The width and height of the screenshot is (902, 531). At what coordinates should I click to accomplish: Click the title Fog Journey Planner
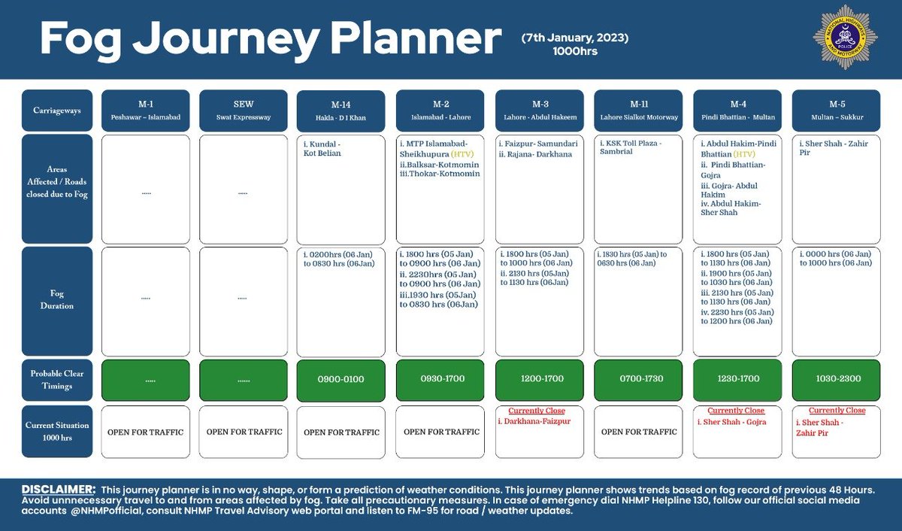click(x=270, y=38)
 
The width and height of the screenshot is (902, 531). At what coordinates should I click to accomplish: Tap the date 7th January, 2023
click(x=576, y=37)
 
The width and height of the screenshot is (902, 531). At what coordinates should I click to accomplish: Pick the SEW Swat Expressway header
click(x=244, y=110)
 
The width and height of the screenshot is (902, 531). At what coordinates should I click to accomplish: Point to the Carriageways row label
click(x=57, y=110)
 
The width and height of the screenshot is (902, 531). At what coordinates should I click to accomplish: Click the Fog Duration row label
click(x=57, y=301)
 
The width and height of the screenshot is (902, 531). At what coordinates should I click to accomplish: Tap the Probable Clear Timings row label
click(x=57, y=379)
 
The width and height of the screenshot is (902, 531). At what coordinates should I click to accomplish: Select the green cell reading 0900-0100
click(x=342, y=379)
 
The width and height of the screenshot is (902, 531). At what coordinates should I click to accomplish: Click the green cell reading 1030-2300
click(x=836, y=379)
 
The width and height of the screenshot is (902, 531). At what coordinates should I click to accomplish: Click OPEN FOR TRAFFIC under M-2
click(x=441, y=432)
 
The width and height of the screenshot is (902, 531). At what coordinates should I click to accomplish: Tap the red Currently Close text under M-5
click(x=836, y=411)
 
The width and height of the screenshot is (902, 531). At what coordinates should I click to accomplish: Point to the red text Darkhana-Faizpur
click(x=537, y=422)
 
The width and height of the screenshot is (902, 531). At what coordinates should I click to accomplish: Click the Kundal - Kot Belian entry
click(x=323, y=147)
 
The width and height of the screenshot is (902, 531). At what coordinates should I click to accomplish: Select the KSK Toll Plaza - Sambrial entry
click(x=628, y=146)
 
